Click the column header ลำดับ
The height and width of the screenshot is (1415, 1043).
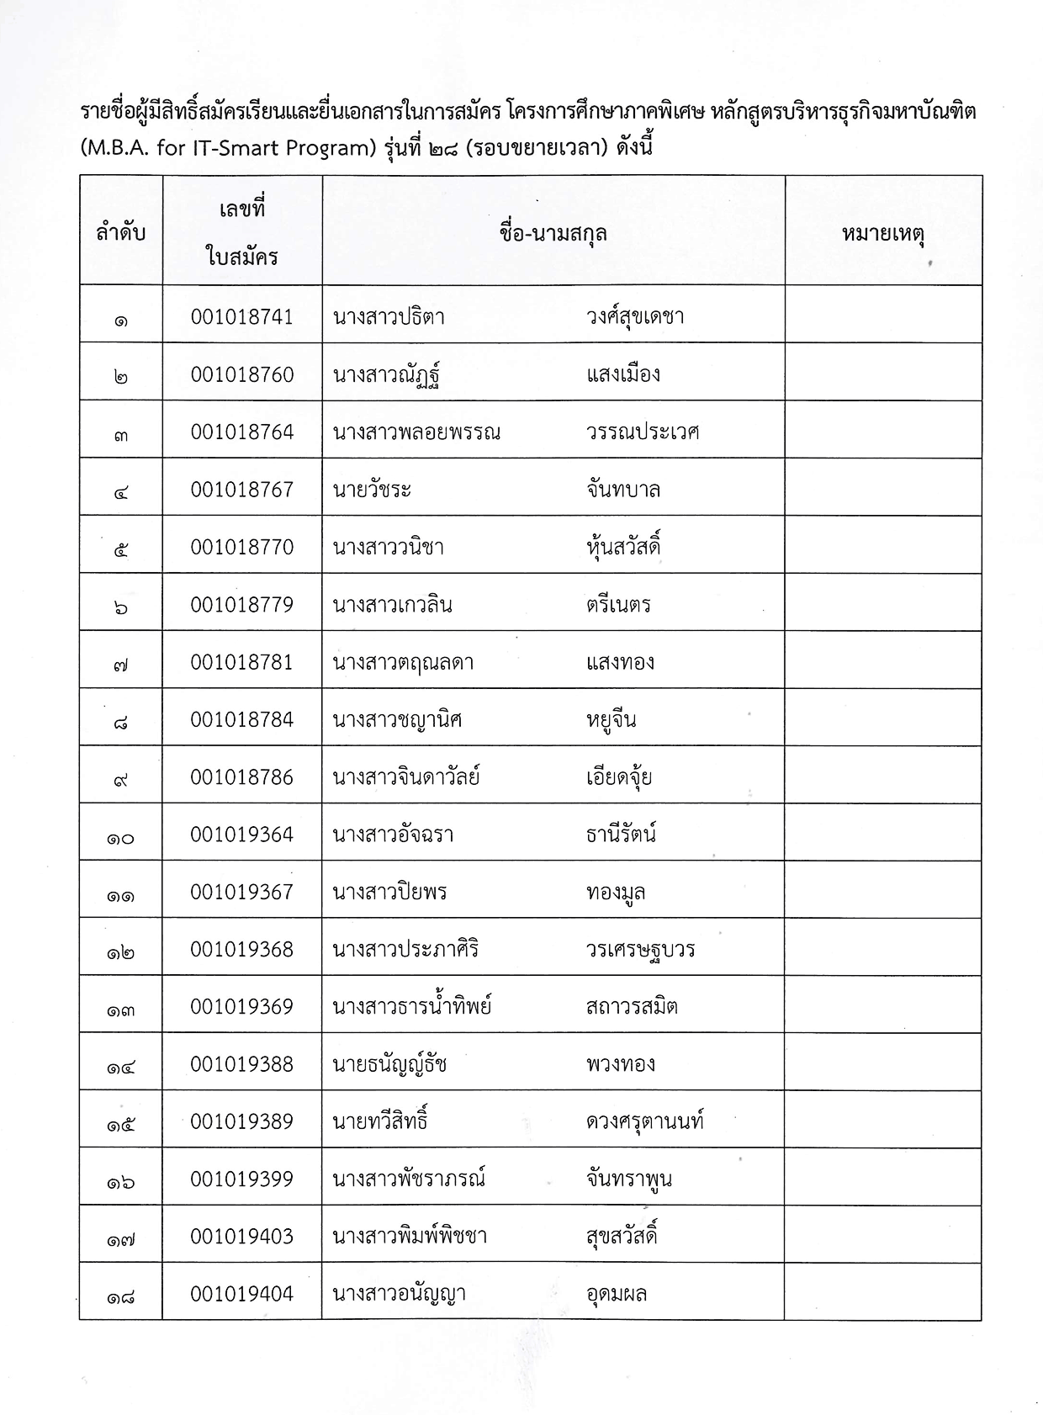tap(121, 232)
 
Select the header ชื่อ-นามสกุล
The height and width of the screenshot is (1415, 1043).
tap(553, 233)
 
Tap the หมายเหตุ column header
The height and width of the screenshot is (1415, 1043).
tap(883, 233)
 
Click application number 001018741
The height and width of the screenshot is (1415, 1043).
tap(242, 317)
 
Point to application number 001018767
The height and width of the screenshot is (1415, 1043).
tap(242, 490)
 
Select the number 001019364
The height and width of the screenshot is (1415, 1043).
tap(242, 835)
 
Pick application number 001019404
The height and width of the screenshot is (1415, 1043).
tap(242, 1294)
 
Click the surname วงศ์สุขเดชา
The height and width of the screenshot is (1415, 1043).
tap(635, 317)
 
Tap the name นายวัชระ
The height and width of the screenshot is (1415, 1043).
tap(372, 490)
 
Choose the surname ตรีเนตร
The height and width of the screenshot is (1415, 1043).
tap(619, 605)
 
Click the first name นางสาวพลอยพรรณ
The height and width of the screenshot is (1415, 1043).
tap(416, 432)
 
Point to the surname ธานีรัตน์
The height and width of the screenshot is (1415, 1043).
tap(622, 835)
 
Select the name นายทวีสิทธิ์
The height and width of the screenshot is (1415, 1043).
tap(381, 1121)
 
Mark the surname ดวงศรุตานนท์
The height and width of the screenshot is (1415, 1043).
tap(645, 1121)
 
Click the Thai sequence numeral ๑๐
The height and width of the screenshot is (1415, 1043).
tap(121, 838)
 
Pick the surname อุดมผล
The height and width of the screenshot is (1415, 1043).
tap(617, 1294)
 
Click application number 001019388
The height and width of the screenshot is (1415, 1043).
tap(242, 1064)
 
